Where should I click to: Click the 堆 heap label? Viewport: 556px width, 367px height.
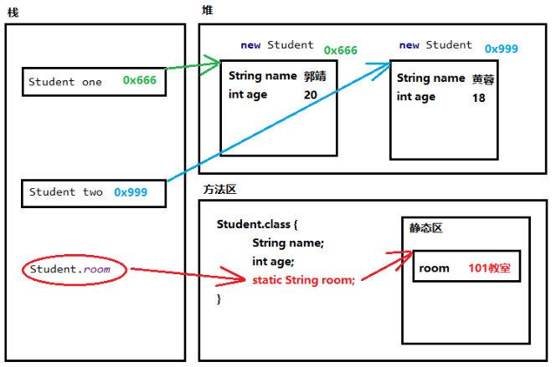click(207, 10)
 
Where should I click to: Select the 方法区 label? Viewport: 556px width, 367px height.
click(219, 189)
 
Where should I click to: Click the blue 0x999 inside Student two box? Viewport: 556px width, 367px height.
click(131, 192)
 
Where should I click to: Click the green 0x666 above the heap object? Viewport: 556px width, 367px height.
click(341, 50)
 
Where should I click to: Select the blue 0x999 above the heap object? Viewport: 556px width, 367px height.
click(501, 48)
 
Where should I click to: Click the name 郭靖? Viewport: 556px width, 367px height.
click(315, 76)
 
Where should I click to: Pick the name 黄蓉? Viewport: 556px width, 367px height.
click(483, 79)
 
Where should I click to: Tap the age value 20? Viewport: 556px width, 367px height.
click(311, 95)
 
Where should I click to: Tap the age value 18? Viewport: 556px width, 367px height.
click(479, 97)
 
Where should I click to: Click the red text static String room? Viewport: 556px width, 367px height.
click(303, 280)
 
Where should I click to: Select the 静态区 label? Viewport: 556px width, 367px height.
click(425, 228)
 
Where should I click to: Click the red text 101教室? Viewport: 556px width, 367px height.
click(489, 268)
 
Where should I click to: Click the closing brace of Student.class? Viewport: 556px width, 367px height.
click(219, 298)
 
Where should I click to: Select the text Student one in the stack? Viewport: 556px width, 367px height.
click(65, 82)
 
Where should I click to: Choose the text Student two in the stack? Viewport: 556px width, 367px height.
click(65, 192)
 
